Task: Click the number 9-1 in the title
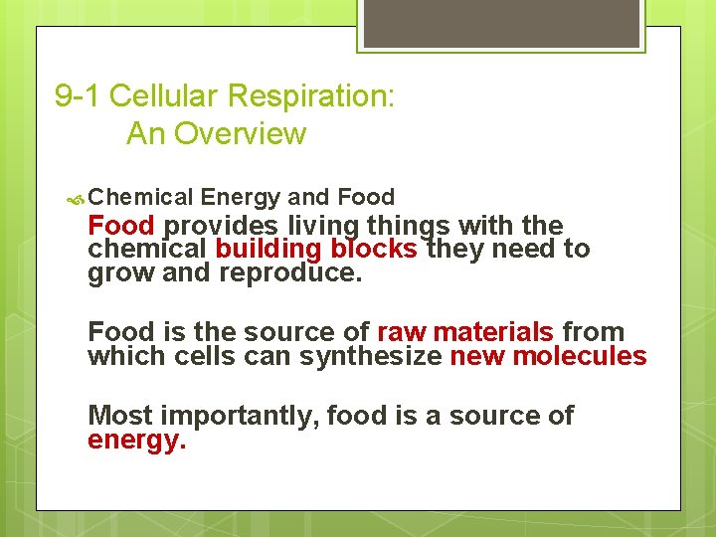pyautogui.click(x=78, y=96)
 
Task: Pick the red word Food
pyautogui.click(x=121, y=226)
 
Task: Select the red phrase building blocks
pyautogui.click(x=316, y=249)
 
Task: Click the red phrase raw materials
pyautogui.click(x=465, y=332)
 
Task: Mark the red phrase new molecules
pyautogui.click(x=548, y=355)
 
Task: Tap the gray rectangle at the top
pyautogui.click(x=499, y=24)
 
